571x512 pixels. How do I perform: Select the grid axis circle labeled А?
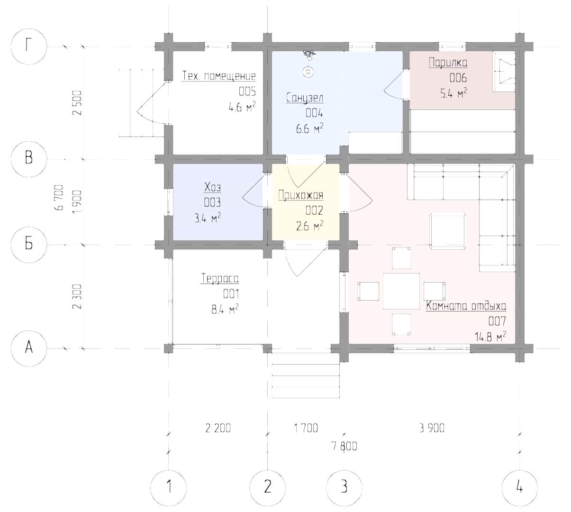click(29, 348)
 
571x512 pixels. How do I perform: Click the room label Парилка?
click(448, 63)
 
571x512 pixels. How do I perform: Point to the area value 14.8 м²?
click(490, 337)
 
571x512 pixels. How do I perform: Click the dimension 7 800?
click(344, 446)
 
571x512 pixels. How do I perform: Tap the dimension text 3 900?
click(432, 428)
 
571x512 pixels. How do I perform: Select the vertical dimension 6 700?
click(60, 197)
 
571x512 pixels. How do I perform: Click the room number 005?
click(247, 91)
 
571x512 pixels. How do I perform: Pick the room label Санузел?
click(305, 98)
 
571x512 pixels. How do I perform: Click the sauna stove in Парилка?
click(504, 72)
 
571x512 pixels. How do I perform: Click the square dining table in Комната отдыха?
click(401, 291)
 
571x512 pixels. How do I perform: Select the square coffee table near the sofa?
click(447, 231)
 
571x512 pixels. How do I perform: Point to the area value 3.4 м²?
click(208, 219)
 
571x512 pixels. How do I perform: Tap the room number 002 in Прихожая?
click(314, 210)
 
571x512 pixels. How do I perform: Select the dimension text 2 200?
click(218, 428)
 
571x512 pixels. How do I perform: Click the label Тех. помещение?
click(219, 75)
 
